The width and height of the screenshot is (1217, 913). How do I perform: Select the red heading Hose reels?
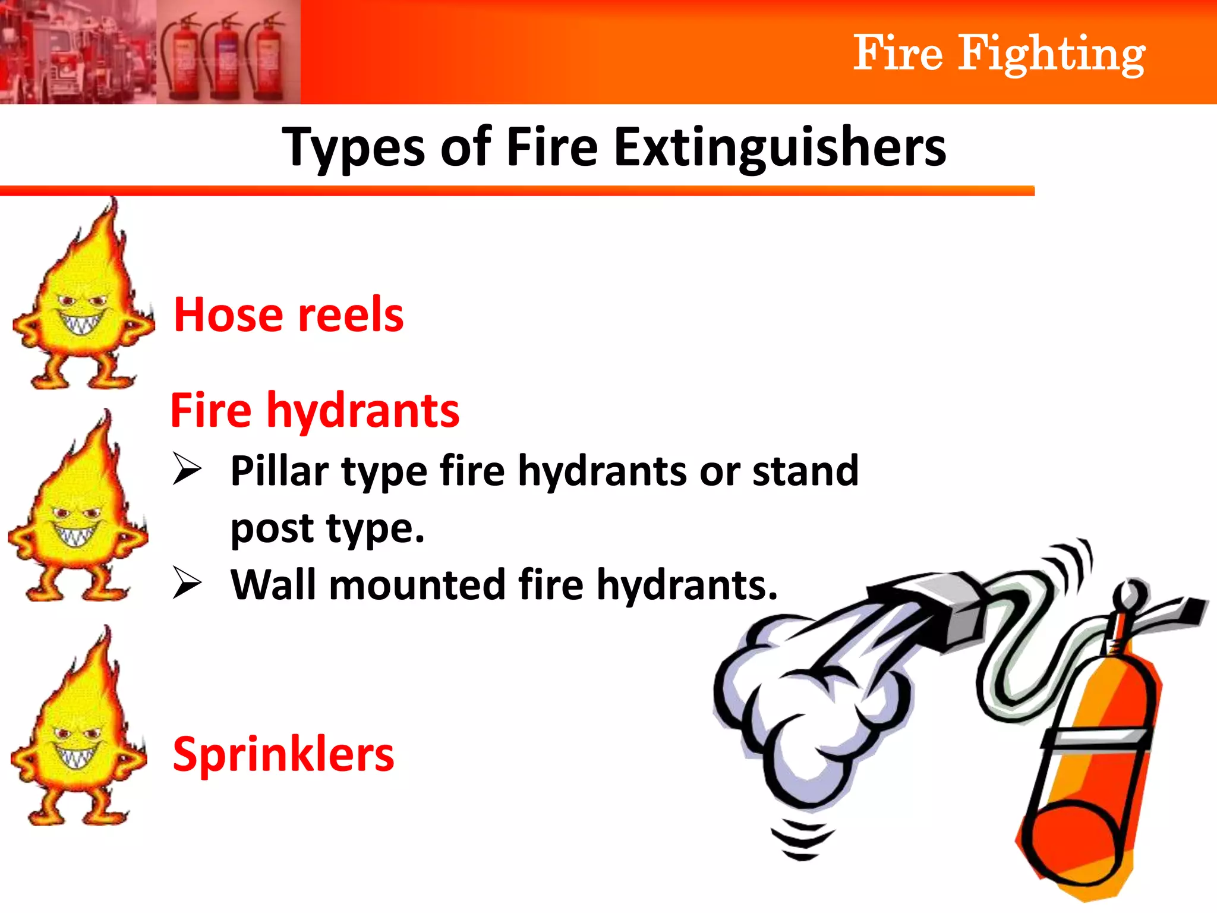coord(289,314)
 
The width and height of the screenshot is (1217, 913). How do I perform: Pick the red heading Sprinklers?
coord(283,754)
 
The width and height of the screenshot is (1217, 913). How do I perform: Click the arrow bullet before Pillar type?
coord(187,468)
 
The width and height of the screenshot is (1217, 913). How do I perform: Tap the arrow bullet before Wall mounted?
coord(187,583)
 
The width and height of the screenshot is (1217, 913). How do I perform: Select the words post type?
coord(327,528)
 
